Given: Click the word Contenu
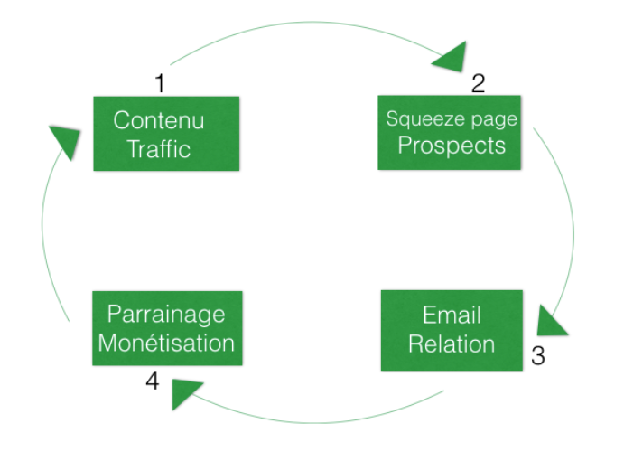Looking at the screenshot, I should coord(159,120).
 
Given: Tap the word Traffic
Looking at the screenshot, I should coord(159,148).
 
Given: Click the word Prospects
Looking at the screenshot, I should coord(452,146).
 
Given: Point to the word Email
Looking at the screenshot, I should coord(452,315).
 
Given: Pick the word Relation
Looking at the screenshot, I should coord(452,344).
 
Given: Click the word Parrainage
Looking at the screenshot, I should coord(166,315).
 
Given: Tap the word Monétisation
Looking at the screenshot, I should coord(166,343).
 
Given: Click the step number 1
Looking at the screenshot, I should coord(160,84).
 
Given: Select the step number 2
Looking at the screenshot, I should coord(478,84).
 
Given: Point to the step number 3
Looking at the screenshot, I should coord(537,356).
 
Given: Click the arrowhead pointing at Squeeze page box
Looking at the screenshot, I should coord(449,59).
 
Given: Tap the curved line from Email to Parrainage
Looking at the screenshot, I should coord(316,421).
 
